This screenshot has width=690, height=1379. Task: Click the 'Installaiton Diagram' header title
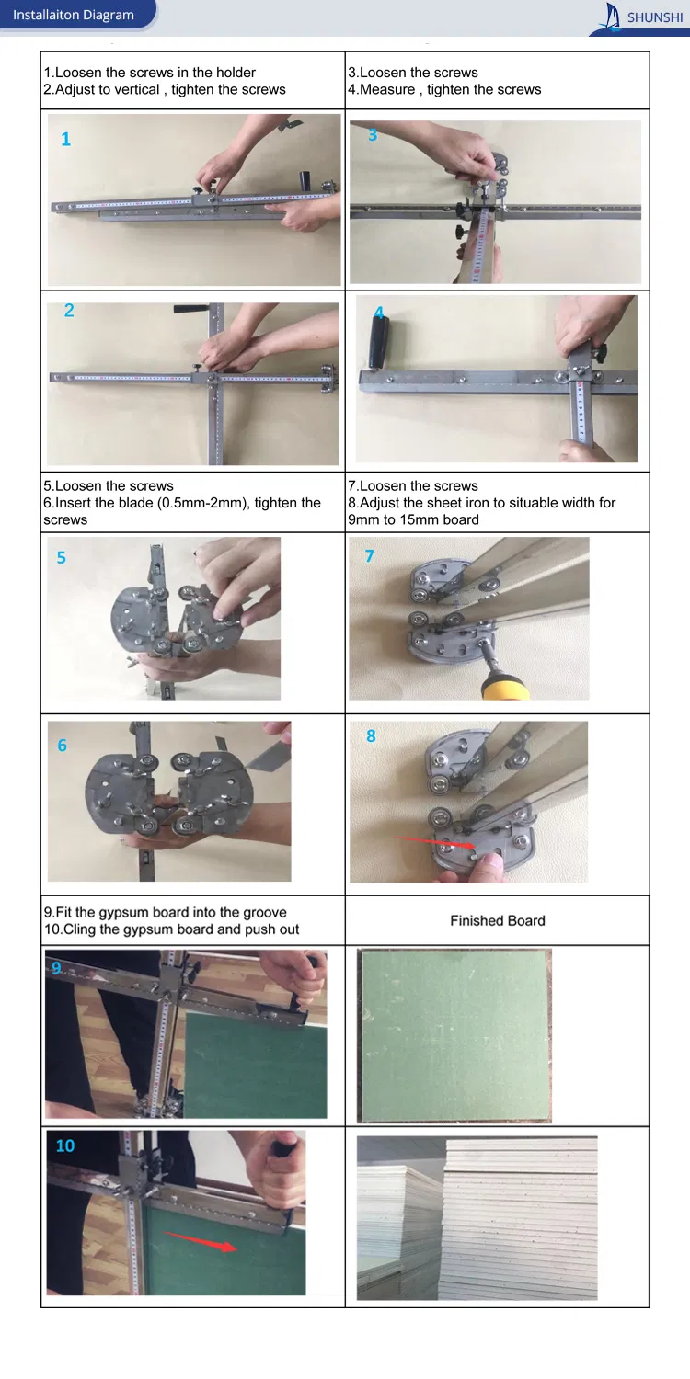[x=73, y=15]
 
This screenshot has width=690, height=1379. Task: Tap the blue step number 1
[x=65, y=140]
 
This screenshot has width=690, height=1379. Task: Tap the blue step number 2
[x=69, y=311]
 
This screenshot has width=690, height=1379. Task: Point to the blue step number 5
[x=61, y=558]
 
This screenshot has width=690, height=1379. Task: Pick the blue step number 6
[x=62, y=746]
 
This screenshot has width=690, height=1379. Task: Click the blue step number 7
[x=369, y=556]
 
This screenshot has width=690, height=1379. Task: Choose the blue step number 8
[x=371, y=736]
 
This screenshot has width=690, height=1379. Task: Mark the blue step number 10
[x=65, y=1145]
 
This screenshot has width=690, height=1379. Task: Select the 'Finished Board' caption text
[x=497, y=920]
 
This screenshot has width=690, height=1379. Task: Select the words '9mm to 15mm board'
[x=413, y=519]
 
